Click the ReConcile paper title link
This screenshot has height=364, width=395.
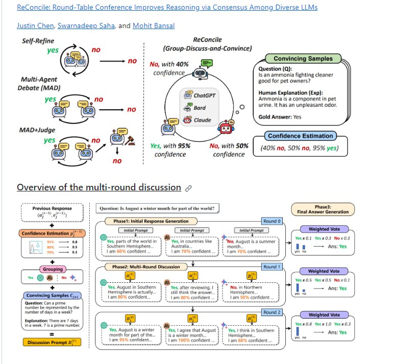point(167,8)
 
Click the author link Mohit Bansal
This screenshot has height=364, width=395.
point(153,26)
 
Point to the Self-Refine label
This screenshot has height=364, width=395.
point(38,40)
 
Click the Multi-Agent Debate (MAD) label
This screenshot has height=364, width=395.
point(39,84)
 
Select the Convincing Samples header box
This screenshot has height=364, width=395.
point(303,59)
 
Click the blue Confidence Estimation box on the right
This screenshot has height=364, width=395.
point(300,136)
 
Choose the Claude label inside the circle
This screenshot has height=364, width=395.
point(202,120)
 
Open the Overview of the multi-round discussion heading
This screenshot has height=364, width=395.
point(98,187)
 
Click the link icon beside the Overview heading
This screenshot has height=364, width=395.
point(188,188)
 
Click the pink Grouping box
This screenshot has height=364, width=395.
point(53,269)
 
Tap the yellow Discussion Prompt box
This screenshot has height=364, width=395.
point(52,342)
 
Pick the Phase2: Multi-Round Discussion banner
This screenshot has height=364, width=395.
point(142,266)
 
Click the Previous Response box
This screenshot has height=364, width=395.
point(52,211)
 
